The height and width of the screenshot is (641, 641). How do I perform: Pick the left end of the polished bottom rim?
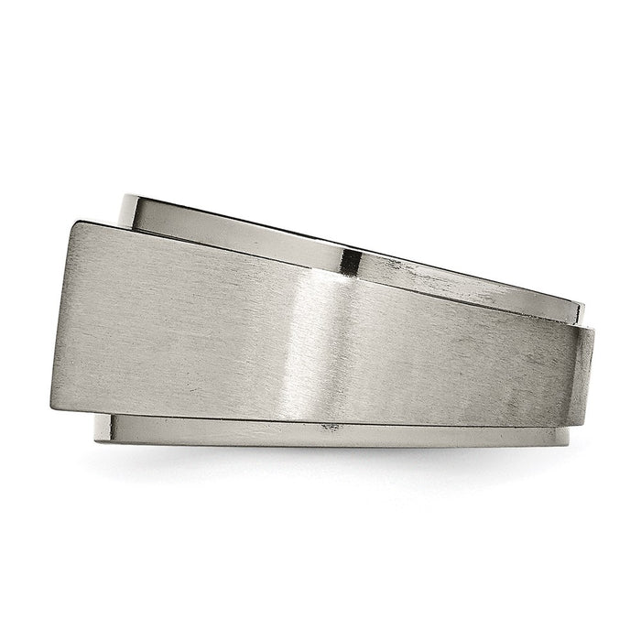(94, 429)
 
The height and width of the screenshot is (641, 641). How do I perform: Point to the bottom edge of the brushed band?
(320, 419)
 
